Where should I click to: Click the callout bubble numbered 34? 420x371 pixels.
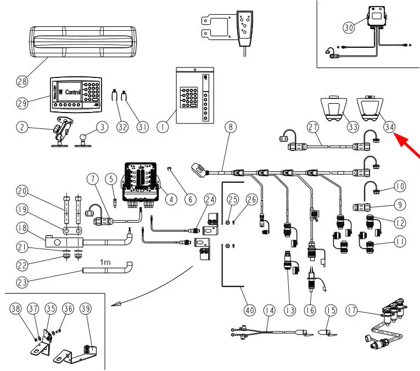pos(390,127)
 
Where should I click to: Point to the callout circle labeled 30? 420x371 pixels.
pos(349,26)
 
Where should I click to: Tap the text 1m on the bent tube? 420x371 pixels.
pos(104,262)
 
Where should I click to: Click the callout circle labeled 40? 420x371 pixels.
pos(250,311)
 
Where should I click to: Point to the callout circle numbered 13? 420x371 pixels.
pos(290,311)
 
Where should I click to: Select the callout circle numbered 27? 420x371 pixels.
pos(313,127)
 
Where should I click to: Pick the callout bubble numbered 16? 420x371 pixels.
pos(310,311)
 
